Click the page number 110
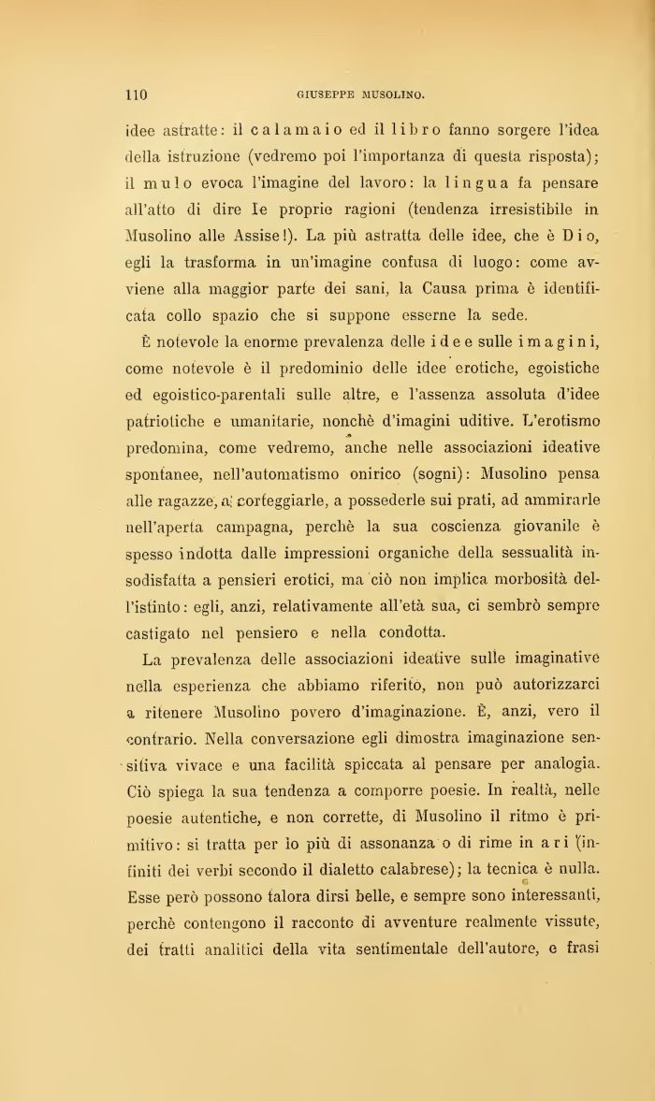pos(137,94)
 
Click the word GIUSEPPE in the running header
pos(324,94)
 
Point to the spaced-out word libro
pos(422,129)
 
